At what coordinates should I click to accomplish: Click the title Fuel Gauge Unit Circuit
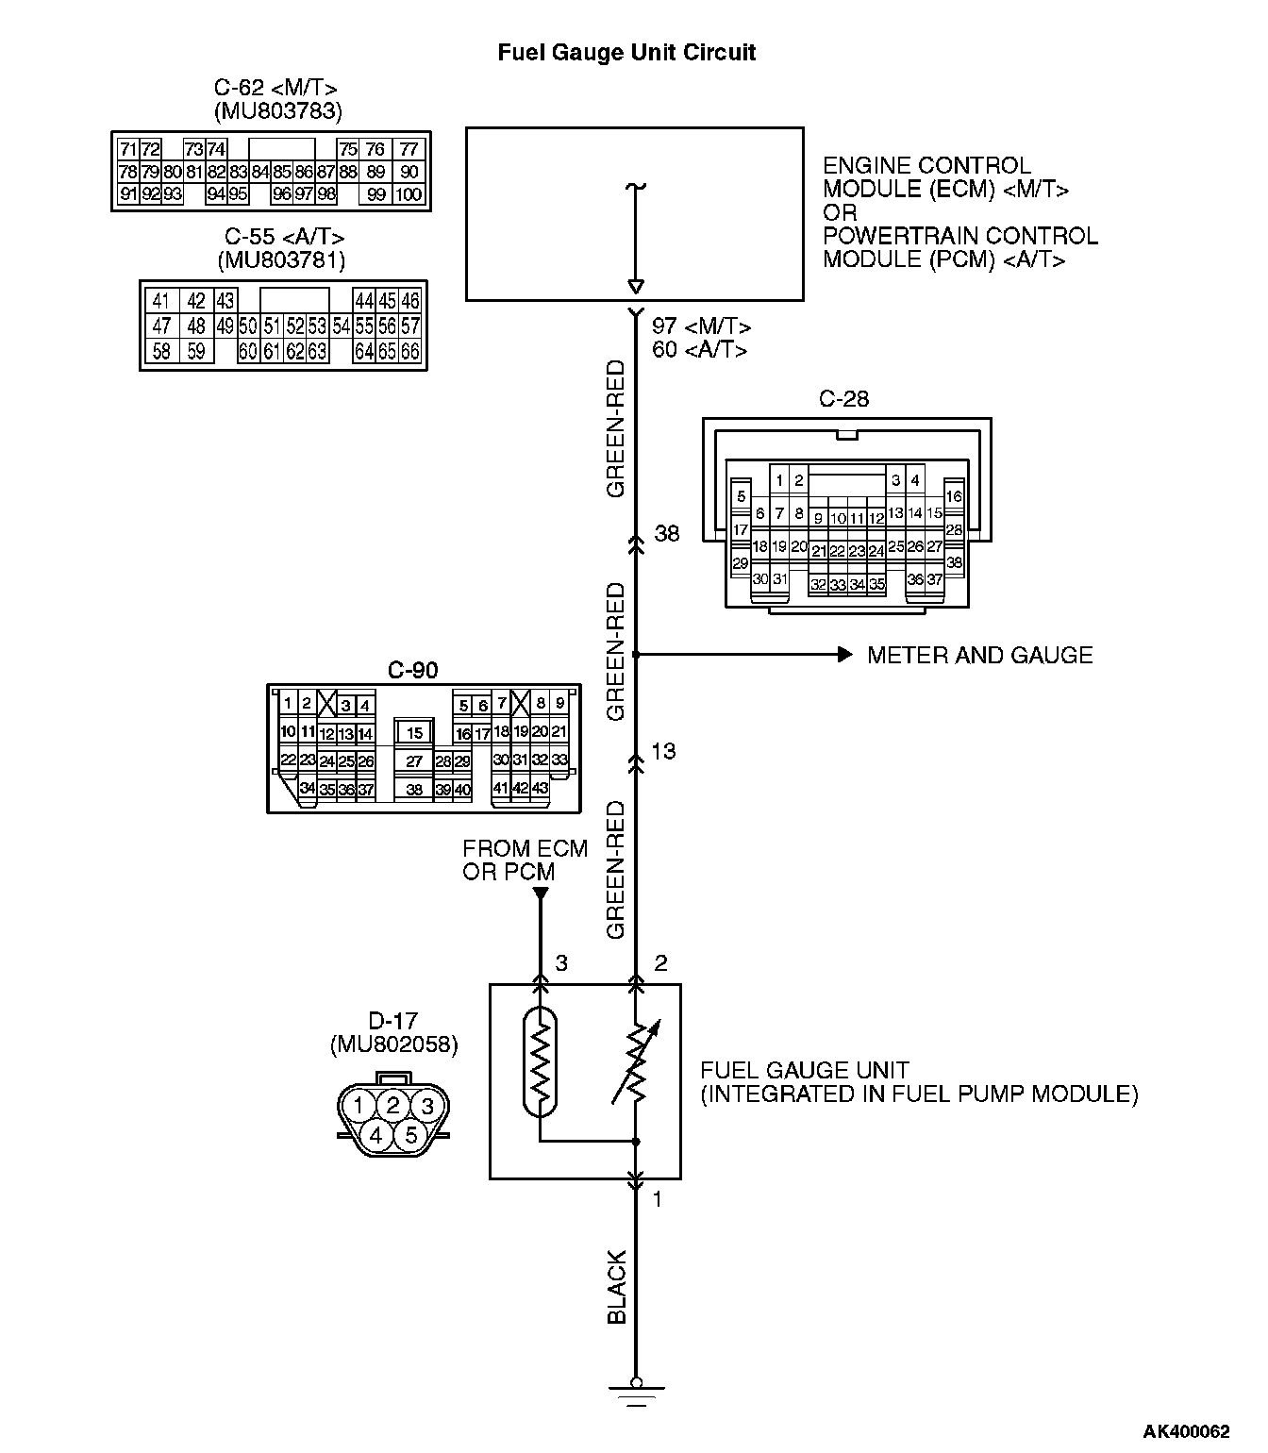[626, 53]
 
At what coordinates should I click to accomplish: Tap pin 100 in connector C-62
[408, 195]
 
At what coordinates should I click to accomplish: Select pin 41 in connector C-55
[161, 301]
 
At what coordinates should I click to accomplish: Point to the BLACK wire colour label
[617, 1287]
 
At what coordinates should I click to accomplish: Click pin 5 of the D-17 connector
[410, 1135]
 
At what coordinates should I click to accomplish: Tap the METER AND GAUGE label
[979, 655]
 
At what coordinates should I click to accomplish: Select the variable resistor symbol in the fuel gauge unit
[637, 1064]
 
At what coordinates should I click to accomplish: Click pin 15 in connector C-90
[414, 733]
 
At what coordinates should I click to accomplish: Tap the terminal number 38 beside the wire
[667, 534]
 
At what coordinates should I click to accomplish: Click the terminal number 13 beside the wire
[664, 752]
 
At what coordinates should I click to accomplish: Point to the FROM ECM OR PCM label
[525, 860]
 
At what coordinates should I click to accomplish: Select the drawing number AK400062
[1187, 1431]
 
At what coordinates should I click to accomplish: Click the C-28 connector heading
[843, 399]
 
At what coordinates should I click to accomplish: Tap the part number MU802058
[393, 1044]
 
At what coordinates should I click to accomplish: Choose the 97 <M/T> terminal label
[701, 326]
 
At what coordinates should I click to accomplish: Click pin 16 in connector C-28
[954, 496]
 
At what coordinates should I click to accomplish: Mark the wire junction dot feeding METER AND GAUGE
[636, 654]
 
